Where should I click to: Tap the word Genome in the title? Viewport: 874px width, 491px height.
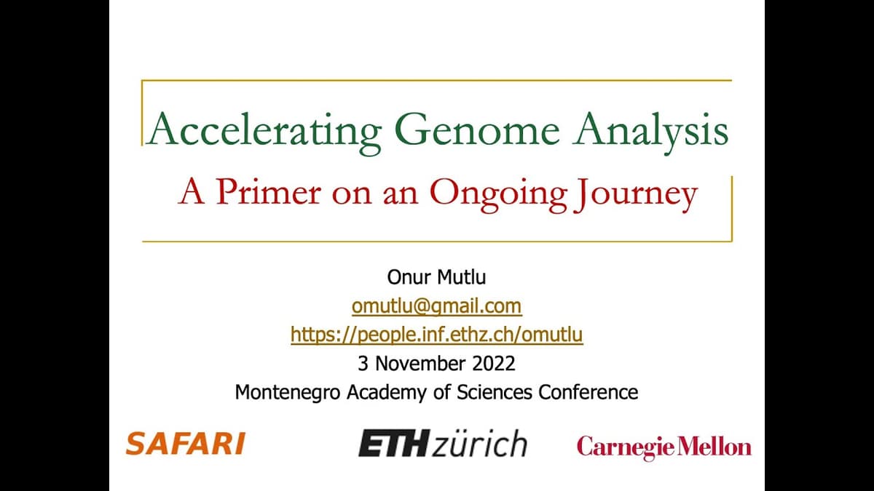pos(477,130)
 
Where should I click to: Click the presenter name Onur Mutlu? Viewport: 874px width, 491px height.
pos(436,277)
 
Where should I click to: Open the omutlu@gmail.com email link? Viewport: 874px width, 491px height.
pos(436,306)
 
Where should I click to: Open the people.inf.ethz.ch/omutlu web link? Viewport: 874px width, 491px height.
pos(436,334)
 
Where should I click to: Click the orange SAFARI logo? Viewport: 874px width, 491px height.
pos(185,443)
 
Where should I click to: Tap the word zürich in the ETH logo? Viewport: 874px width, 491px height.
pos(479,443)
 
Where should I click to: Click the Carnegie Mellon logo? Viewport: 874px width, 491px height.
pos(664,446)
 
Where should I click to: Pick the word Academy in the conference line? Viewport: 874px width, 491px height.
pos(388,392)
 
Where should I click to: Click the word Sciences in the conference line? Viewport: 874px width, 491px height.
pos(496,392)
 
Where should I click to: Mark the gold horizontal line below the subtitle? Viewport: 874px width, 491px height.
pos(436,241)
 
